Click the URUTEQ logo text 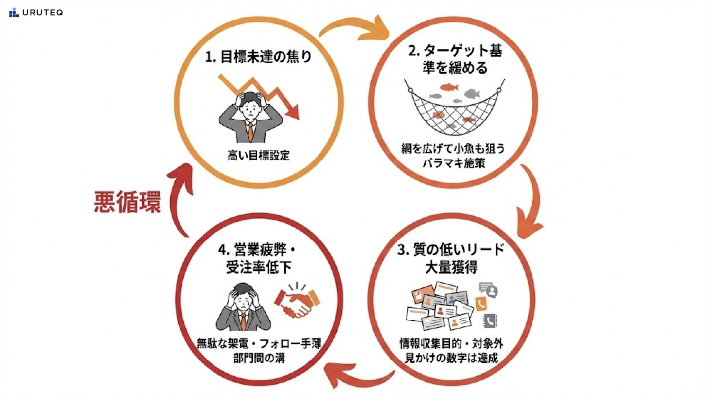pyautogui.click(x=42, y=13)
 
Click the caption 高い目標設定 pyautogui.click(x=259, y=156)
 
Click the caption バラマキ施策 pyautogui.click(x=454, y=163)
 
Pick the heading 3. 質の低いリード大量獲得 pyautogui.click(x=452, y=258)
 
